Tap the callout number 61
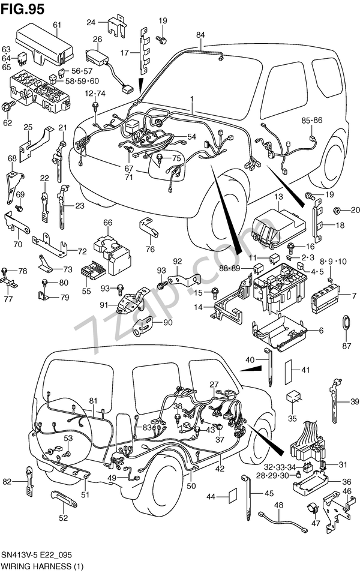pyautogui.click(x=58, y=25)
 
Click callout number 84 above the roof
pyautogui.click(x=200, y=35)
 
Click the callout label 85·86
pyautogui.click(x=312, y=120)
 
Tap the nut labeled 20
pyautogui.click(x=337, y=211)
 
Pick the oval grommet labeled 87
pyautogui.click(x=347, y=322)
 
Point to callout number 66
pyautogui.click(x=108, y=223)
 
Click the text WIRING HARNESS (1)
pyautogui.click(x=42, y=566)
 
